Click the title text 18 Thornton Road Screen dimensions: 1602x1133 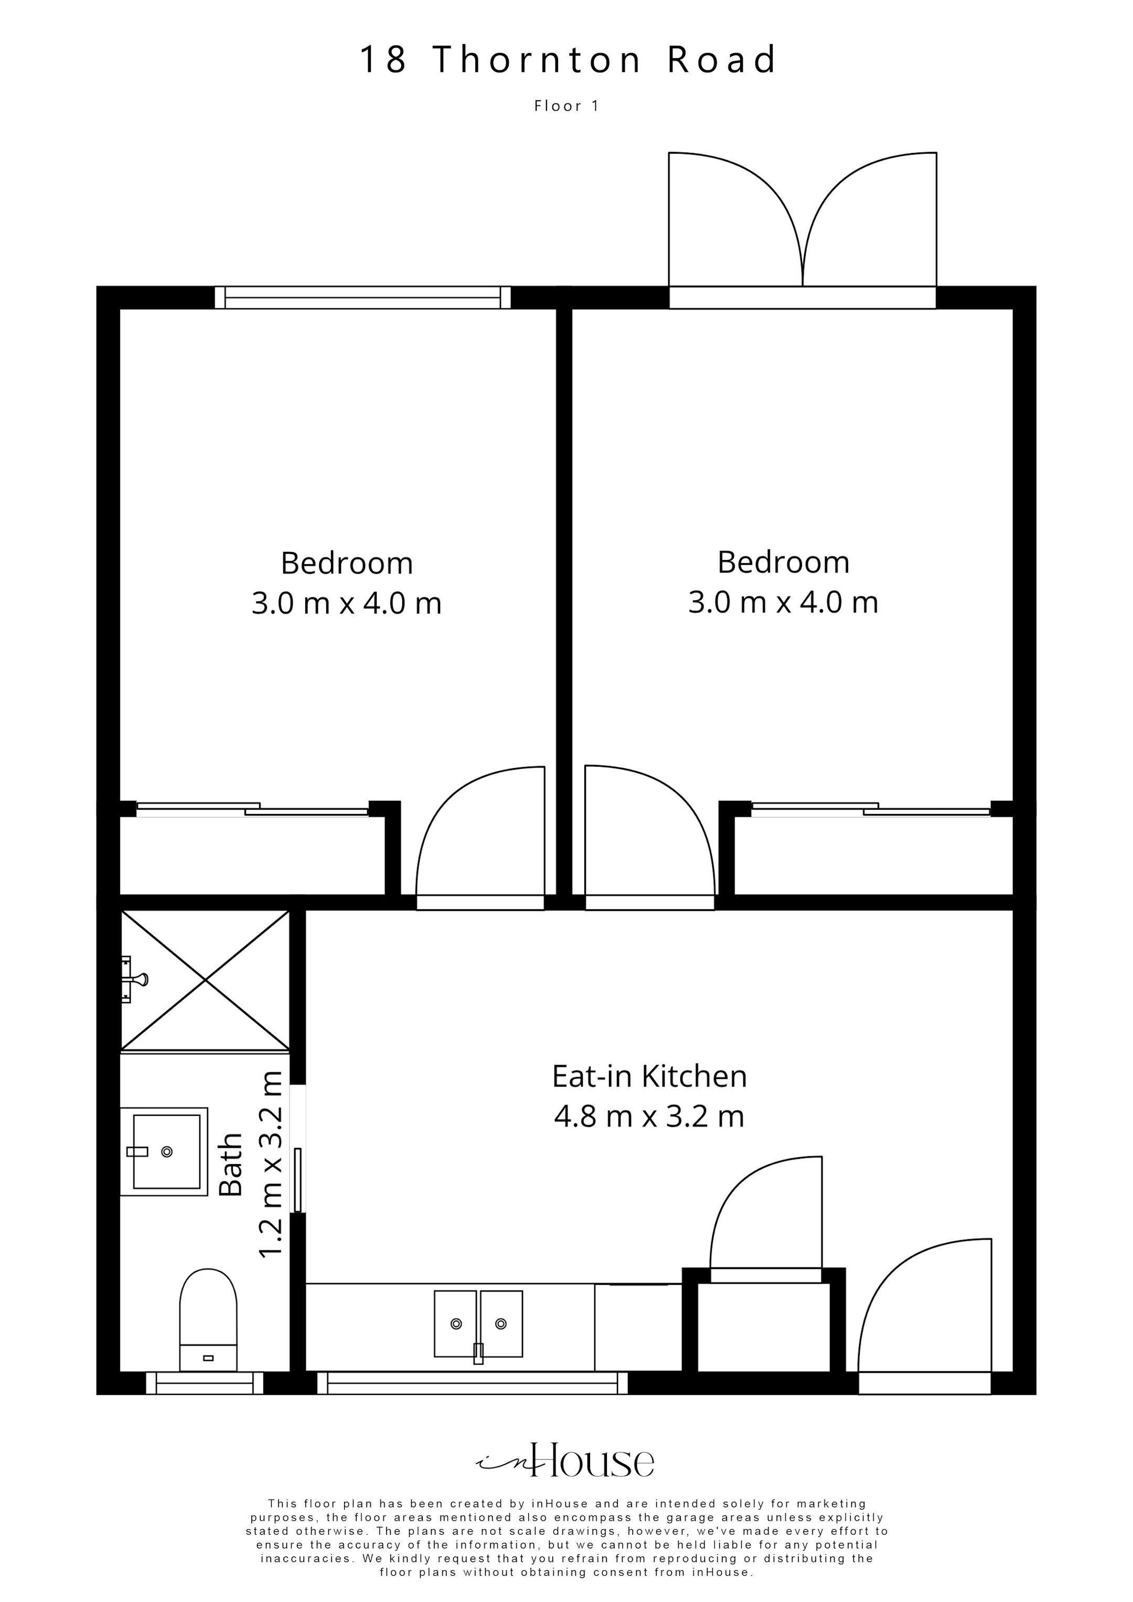[x=567, y=60]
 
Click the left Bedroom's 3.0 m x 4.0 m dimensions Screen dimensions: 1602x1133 [x=346, y=604]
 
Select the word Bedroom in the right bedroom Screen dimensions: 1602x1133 [x=783, y=562]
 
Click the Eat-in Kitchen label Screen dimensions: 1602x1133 [x=649, y=1076]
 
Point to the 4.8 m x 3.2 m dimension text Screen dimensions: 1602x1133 [x=649, y=1116]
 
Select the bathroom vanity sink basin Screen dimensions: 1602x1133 [x=166, y=1151]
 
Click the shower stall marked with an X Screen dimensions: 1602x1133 [x=205, y=980]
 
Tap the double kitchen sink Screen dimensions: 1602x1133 [x=478, y=1324]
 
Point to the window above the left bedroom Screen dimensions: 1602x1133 [x=362, y=298]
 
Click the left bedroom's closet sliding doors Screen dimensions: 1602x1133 [x=252, y=809]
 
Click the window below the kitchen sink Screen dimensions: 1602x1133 [x=473, y=1383]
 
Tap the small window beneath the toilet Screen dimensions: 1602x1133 [x=205, y=1383]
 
